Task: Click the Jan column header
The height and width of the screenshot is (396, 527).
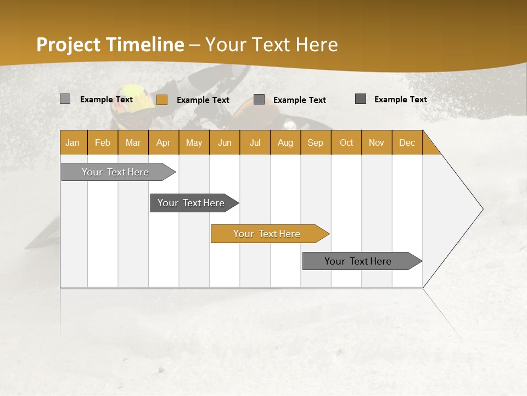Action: pos(73,142)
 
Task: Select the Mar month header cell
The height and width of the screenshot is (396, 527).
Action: pos(133,142)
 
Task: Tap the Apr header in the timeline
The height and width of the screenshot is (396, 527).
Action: pos(164,142)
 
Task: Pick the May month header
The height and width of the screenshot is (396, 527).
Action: pos(194,142)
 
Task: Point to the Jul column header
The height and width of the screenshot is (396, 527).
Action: pos(255,142)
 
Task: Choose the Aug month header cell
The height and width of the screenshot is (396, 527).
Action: pos(285,142)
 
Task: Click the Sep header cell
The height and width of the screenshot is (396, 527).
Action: pos(316,142)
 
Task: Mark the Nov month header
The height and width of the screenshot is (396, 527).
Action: pos(377,142)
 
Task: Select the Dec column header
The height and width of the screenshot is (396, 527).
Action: pos(407,142)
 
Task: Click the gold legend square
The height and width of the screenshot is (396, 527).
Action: pos(161,100)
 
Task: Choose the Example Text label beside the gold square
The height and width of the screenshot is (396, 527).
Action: pos(203,100)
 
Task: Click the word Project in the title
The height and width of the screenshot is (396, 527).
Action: pos(69,45)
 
